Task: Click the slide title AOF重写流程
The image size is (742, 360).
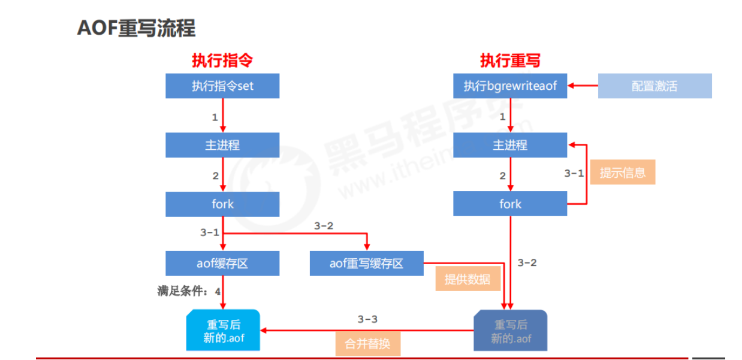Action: (x=137, y=28)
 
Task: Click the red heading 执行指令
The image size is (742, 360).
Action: (x=222, y=60)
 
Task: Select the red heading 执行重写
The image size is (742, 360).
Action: (x=509, y=60)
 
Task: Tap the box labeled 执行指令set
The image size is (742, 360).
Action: (x=222, y=86)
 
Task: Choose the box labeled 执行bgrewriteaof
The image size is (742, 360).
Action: (x=510, y=86)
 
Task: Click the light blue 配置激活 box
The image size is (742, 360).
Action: (x=654, y=86)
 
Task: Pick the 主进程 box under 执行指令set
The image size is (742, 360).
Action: (x=222, y=146)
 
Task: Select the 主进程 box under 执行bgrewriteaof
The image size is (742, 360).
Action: (x=510, y=146)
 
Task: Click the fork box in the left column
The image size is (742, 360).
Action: (x=222, y=204)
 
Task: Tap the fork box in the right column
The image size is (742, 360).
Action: (x=510, y=204)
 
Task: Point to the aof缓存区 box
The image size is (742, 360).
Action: (x=222, y=264)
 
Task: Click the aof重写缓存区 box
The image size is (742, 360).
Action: (x=366, y=264)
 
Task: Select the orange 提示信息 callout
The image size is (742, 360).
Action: (x=623, y=173)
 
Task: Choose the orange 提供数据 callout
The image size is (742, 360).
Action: (x=467, y=279)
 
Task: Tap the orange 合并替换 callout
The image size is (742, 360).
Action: (x=367, y=344)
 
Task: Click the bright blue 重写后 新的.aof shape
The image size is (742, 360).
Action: (x=222, y=331)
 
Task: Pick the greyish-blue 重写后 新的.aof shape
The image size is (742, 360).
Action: (x=510, y=331)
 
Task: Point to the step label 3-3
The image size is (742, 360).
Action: (x=367, y=319)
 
